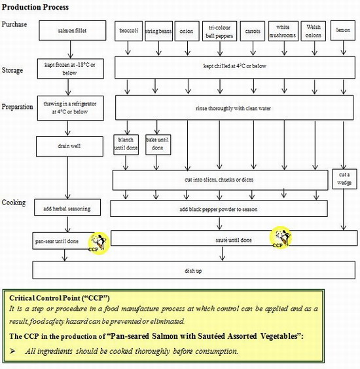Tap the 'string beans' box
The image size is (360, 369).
158,30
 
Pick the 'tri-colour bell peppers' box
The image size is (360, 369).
219,30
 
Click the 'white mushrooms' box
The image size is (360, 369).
283,30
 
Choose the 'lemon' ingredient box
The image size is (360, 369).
343,30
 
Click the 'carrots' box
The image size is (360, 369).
252,30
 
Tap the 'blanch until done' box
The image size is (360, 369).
126,144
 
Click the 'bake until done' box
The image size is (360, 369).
157,144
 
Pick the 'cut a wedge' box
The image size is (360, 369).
344,178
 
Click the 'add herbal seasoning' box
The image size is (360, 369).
68,208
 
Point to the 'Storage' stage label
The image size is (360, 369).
12,69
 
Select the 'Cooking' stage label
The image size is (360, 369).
13,203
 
